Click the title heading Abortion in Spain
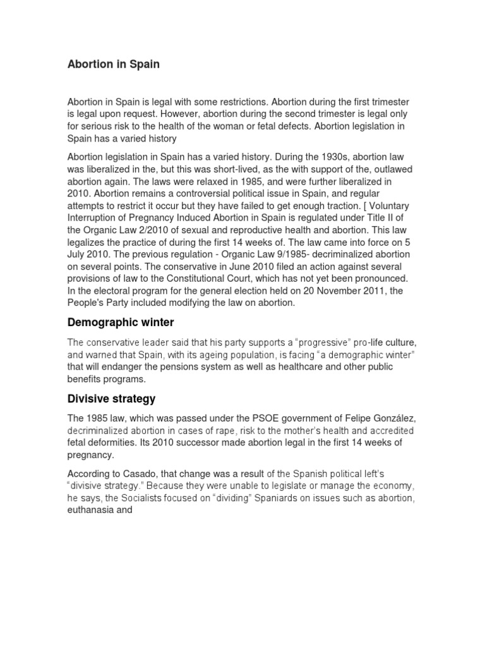click(114, 64)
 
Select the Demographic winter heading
click(121, 322)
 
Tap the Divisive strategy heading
click(111, 399)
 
